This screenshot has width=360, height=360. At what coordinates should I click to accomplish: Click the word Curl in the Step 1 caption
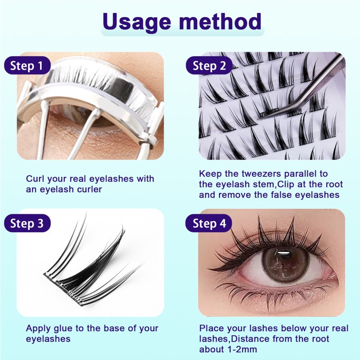tap(35, 179)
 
